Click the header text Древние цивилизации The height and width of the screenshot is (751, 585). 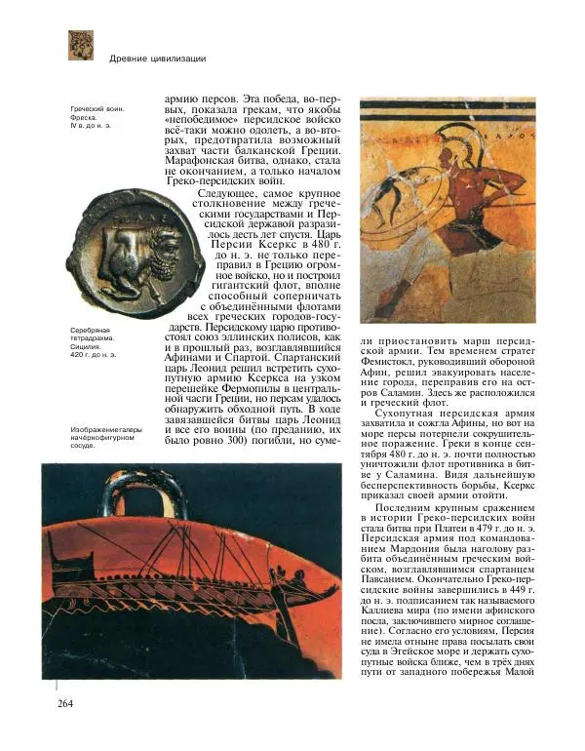(157, 59)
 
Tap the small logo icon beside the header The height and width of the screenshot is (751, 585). (80, 45)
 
